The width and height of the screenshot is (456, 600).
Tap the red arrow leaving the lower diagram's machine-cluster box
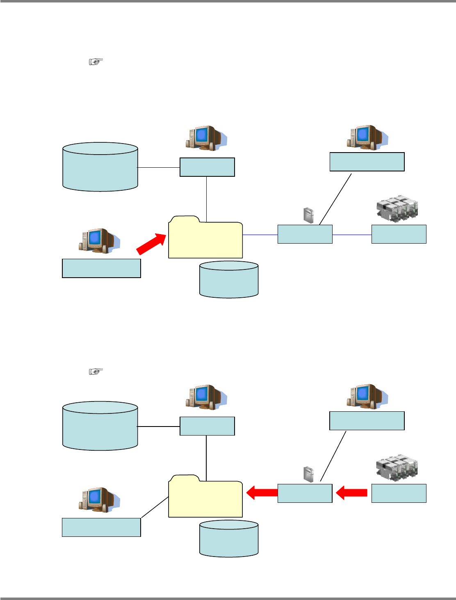[x=351, y=493]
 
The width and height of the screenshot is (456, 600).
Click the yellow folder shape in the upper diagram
[x=205, y=240]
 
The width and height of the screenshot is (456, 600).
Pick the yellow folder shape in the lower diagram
[x=205, y=499]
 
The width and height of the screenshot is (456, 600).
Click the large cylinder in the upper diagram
[x=100, y=167]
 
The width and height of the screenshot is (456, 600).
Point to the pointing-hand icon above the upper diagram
[x=96, y=62]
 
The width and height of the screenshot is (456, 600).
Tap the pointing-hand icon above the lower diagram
[x=96, y=372]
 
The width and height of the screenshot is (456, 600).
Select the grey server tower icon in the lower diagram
[x=309, y=474]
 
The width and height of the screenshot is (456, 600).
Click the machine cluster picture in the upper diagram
[x=397, y=209]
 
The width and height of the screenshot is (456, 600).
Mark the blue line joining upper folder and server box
[x=260, y=235]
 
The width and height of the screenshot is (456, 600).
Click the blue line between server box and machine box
[x=352, y=235]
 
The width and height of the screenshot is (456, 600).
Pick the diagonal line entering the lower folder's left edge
[x=155, y=507]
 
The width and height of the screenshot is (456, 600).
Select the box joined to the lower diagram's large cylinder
[x=207, y=426]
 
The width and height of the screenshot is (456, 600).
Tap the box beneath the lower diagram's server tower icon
[x=305, y=493]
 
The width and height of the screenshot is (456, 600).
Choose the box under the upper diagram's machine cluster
[x=399, y=234]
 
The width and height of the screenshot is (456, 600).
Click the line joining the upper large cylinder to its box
[x=158, y=167]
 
